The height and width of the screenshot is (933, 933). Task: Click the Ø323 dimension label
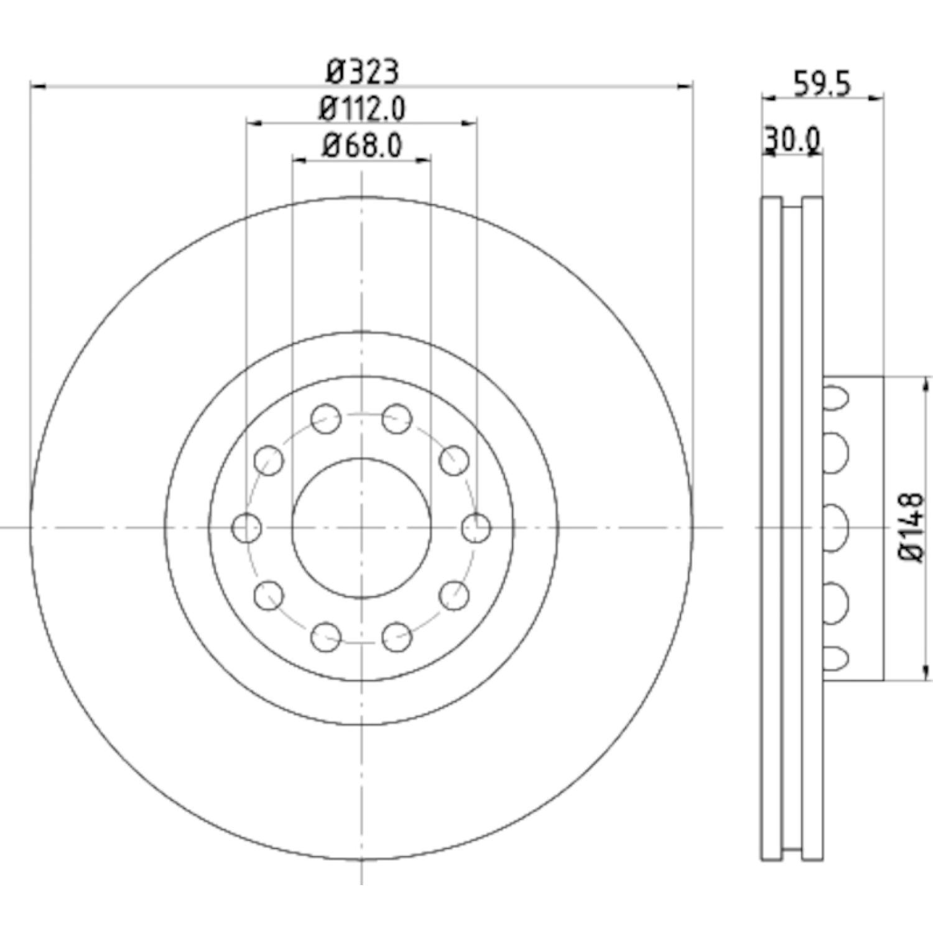tap(363, 72)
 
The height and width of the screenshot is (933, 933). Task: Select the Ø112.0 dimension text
tap(362, 109)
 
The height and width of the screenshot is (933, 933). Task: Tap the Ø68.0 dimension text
tap(362, 146)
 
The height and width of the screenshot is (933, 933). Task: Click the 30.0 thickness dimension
tap(792, 141)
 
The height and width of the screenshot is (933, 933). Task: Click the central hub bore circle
tap(362, 528)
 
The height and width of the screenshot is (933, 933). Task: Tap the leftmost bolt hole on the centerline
tap(246, 528)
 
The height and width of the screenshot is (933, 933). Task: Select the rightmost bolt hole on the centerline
tap(477, 528)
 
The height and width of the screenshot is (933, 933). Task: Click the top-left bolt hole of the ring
tap(326, 418)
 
